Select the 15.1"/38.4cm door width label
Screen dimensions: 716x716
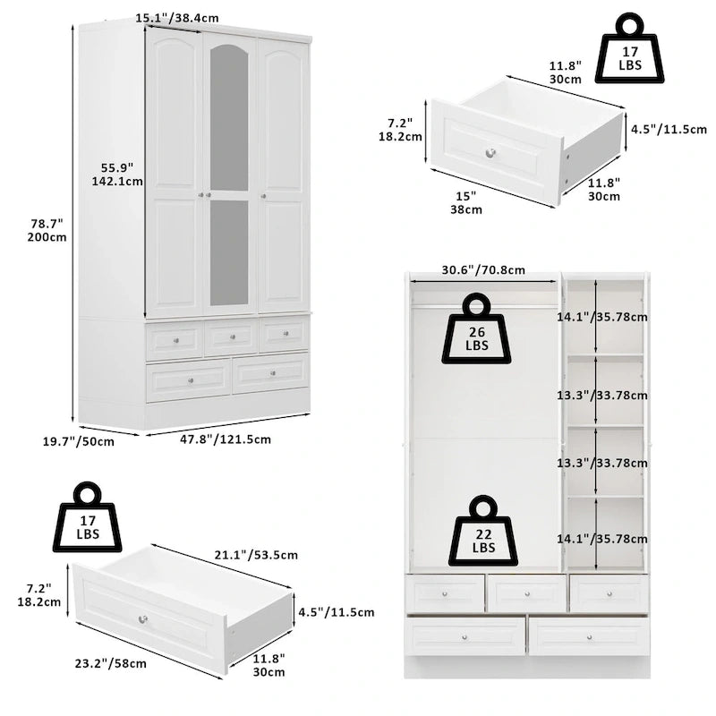click(x=177, y=17)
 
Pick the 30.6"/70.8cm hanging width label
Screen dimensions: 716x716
click(x=482, y=269)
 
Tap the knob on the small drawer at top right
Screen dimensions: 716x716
click(x=490, y=153)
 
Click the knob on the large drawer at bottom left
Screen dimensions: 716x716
click(x=143, y=619)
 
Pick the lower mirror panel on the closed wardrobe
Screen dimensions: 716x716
click(x=229, y=252)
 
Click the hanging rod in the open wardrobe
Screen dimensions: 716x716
click(x=483, y=307)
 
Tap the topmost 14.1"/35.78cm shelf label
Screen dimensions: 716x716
click(x=615, y=316)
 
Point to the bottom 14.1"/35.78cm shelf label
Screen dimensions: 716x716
click(x=615, y=539)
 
